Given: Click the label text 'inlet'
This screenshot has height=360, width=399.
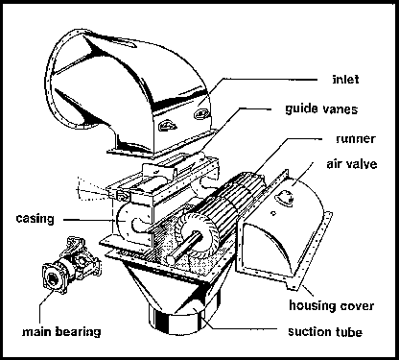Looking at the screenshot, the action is tap(345, 79).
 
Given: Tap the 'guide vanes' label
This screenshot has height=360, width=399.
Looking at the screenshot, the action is tap(321, 109).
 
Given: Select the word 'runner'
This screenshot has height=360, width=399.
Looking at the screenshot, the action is tap(356, 139).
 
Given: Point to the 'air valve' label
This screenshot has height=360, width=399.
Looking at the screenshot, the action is tap(352, 164).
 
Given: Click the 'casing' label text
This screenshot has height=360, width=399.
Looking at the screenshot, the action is tap(35, 219).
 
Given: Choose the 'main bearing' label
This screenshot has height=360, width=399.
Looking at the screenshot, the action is tap(61, 331).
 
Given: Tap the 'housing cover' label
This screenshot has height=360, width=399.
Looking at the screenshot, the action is tap(332, 305).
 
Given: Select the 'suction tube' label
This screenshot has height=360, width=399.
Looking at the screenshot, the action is tap(325, 331).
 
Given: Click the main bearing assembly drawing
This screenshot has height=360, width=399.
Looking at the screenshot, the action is tap(71, 264).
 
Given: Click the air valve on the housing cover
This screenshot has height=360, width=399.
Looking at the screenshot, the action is tap(285, 197).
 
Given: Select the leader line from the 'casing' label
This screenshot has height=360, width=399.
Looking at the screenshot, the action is tap(88, 220).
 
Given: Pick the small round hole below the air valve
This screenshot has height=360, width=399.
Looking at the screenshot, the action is tap(273, 213).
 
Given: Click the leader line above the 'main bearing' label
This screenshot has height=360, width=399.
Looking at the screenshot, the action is tap(45, 304).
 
